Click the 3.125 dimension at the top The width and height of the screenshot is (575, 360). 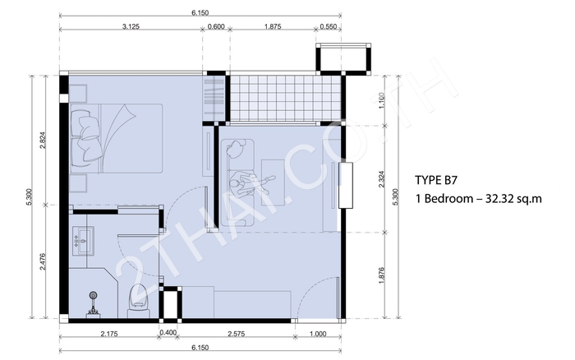[x=131, y=26]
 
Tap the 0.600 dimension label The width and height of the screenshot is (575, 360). [x=216, y=26]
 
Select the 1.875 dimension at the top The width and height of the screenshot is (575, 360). [x=273, y=26]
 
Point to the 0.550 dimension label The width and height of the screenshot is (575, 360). [x=329, y=26]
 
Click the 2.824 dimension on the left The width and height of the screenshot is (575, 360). [x=43, y=140]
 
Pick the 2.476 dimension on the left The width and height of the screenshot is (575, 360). [x=43, y=262]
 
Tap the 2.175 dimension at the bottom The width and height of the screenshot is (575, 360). [x=109, y=334]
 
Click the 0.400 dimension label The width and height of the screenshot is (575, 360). [x=168, y=333]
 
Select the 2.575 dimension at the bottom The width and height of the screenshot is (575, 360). [x=237, y=334]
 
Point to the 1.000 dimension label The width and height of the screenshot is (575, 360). [x=318, y=334]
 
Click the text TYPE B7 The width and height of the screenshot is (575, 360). [x=437, y=180]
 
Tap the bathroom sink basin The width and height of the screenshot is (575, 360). [x=84, y=240]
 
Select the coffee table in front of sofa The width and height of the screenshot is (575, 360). [x=273, y=182]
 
